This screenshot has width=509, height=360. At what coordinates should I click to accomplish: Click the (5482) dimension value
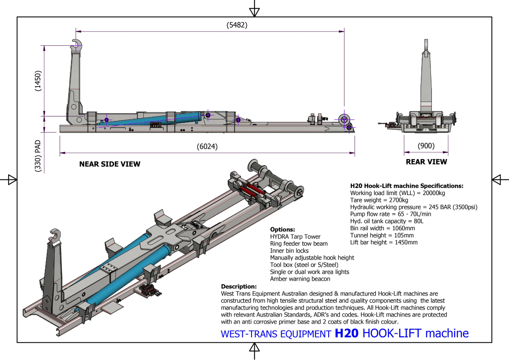[x=237, y=25]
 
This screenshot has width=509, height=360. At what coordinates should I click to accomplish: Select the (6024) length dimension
[x=207, y=147]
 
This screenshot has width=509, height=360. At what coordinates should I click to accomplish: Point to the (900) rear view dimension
[x=426, y=146]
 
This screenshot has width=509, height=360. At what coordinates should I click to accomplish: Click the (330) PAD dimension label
[x=38, y=156]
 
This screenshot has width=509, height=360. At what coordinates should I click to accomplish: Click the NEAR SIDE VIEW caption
[x=109, y=164]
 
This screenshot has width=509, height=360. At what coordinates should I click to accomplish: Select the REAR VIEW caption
[x=426, y=162]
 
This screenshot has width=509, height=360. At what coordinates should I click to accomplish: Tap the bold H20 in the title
[x=347, y=333]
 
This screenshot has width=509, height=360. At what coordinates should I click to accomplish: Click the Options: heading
[x=282, y=229]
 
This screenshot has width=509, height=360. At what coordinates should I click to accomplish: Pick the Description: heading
[x=239, y=286]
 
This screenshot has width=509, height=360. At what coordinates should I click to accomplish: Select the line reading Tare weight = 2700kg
[x=379, y=200]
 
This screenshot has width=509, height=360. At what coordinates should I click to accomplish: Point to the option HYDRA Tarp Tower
[x=295, y=237]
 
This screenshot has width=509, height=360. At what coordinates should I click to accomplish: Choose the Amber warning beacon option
[x=300, y=279]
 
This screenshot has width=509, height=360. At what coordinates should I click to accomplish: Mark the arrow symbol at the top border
[x=254, y=11]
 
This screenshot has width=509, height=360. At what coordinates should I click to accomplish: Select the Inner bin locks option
[x=289, y=251]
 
